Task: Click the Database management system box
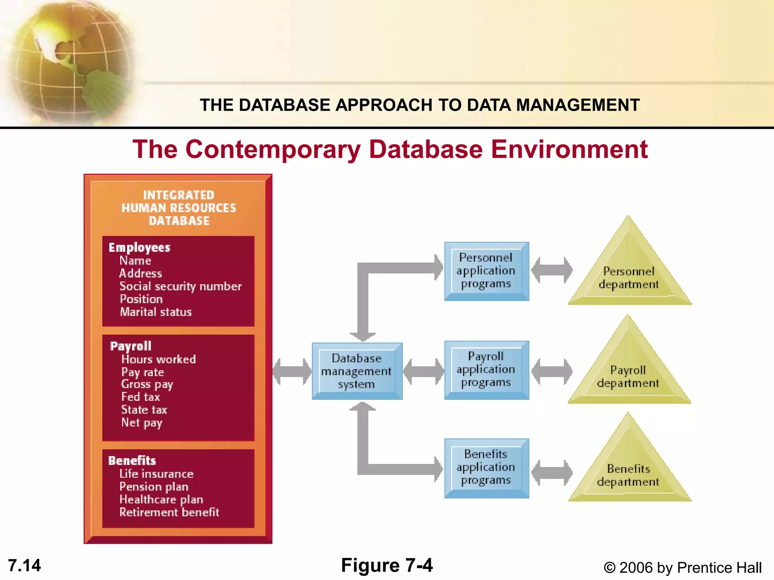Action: coord(357,371)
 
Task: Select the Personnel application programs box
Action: coord(486,271)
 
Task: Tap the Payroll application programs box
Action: coord(486,370)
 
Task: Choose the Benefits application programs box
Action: coord(486,467)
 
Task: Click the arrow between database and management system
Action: coord(292,372)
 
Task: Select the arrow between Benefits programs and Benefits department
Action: coord(552,473)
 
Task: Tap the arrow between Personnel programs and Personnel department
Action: coord(552,270)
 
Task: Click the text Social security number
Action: coord(181,286)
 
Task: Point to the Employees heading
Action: coord(139,247)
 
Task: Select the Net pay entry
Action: coord(142,423)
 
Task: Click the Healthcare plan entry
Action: coord(161,499)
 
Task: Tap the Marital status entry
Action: coord(156,312)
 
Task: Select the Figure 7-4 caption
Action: coord(387,565)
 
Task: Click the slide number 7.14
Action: coord(25,565)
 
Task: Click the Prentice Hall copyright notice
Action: coord(683,568)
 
